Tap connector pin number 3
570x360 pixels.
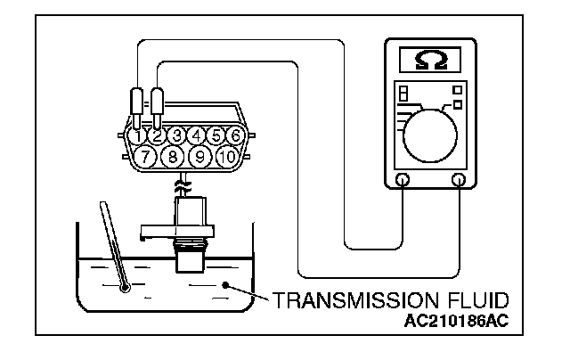point(176,135)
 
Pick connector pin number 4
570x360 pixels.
point(196,135)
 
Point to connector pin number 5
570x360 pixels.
point(216,135)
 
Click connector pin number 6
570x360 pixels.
point(235,135)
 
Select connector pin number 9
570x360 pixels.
point(201,158)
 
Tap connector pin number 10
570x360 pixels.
point(228,158)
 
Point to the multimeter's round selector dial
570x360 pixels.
point(431,131)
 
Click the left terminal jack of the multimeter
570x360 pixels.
point(403,180)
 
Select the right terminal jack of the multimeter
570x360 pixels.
point(460,180)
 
